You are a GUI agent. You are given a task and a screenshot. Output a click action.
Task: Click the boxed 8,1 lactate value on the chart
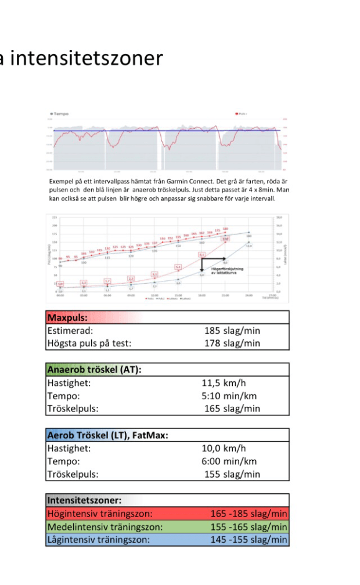tap(201, 254)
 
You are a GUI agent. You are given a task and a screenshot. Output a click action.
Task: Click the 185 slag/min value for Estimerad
tap(232, 331)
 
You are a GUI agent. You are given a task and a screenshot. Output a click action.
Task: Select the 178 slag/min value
tap(232, 343)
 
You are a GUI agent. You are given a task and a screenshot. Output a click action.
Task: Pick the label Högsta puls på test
tap(89, 343)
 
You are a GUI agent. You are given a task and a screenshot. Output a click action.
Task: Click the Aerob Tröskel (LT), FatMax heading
tap(107, 435)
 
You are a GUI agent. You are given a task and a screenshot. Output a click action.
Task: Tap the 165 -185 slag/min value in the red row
tap(249, 514)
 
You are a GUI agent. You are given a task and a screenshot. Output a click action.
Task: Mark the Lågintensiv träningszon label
tap(98, 540)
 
